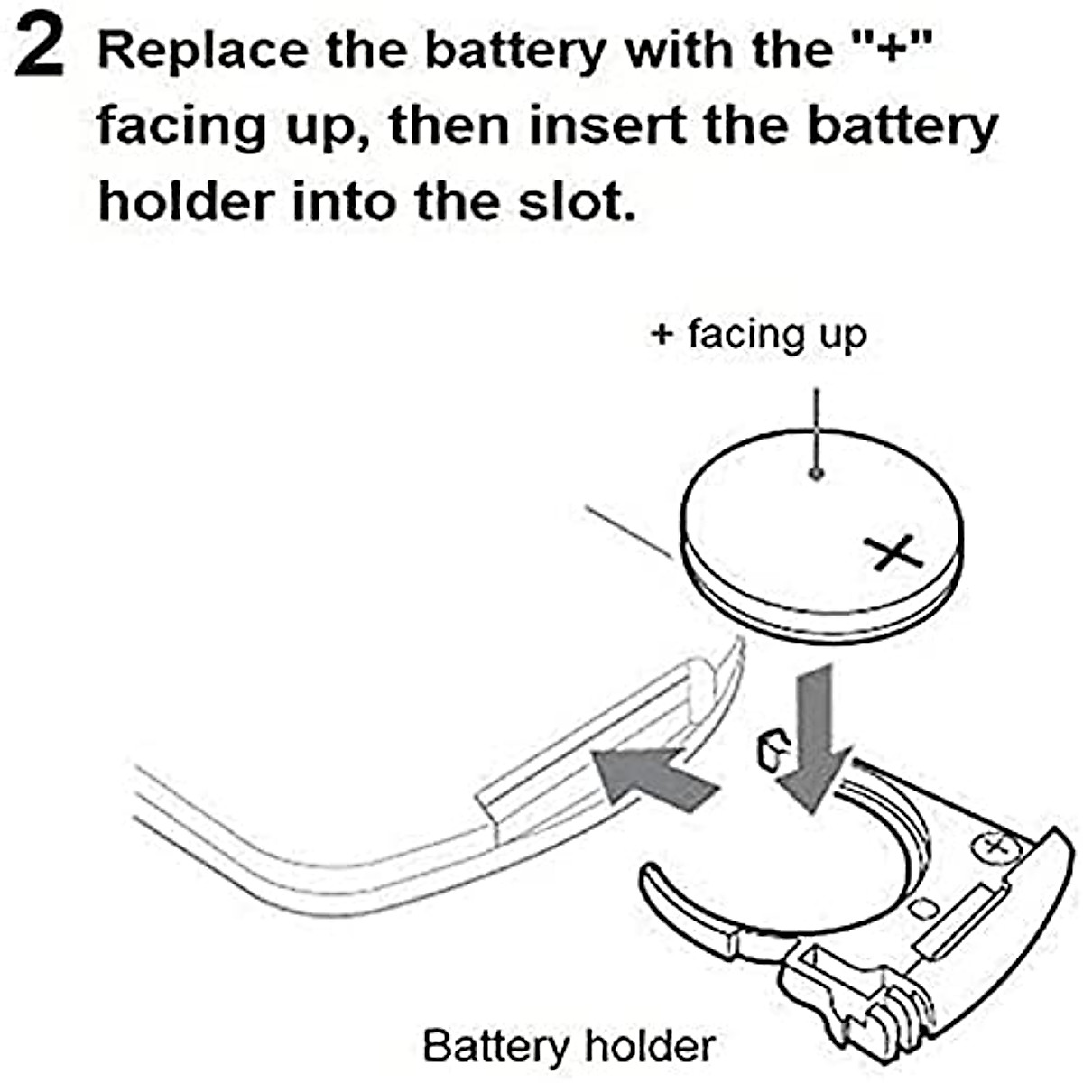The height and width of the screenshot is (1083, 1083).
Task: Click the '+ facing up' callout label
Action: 758,334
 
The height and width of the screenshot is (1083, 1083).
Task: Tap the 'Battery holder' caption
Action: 569,1045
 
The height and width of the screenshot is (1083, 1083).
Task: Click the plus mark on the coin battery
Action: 893,552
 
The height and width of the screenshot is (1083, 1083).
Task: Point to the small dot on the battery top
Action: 816,473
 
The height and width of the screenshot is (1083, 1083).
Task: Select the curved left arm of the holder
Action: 686,902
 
